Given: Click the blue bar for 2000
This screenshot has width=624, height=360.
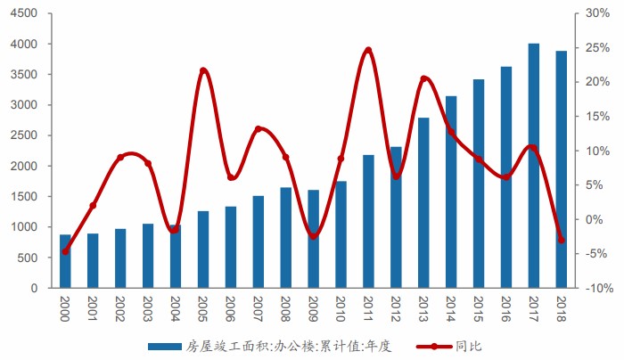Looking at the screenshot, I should (65, 261).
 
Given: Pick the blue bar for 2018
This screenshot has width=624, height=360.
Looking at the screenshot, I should (562, 169).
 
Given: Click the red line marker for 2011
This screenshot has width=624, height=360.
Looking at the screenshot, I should (368, 51).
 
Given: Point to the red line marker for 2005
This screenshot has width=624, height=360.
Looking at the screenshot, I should (203, 70).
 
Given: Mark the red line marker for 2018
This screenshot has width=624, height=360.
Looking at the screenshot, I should (562, 240).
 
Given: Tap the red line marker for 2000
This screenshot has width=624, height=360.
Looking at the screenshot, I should (65, 251).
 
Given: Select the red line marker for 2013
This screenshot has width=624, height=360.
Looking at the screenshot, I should (423, 79).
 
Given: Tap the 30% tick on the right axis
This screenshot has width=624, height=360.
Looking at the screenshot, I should (598, 13).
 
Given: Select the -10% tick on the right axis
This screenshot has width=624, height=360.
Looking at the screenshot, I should (598, 289).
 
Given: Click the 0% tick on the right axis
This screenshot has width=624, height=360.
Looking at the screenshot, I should (598, 220).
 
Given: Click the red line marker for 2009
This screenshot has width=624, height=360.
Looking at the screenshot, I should (313, 236).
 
